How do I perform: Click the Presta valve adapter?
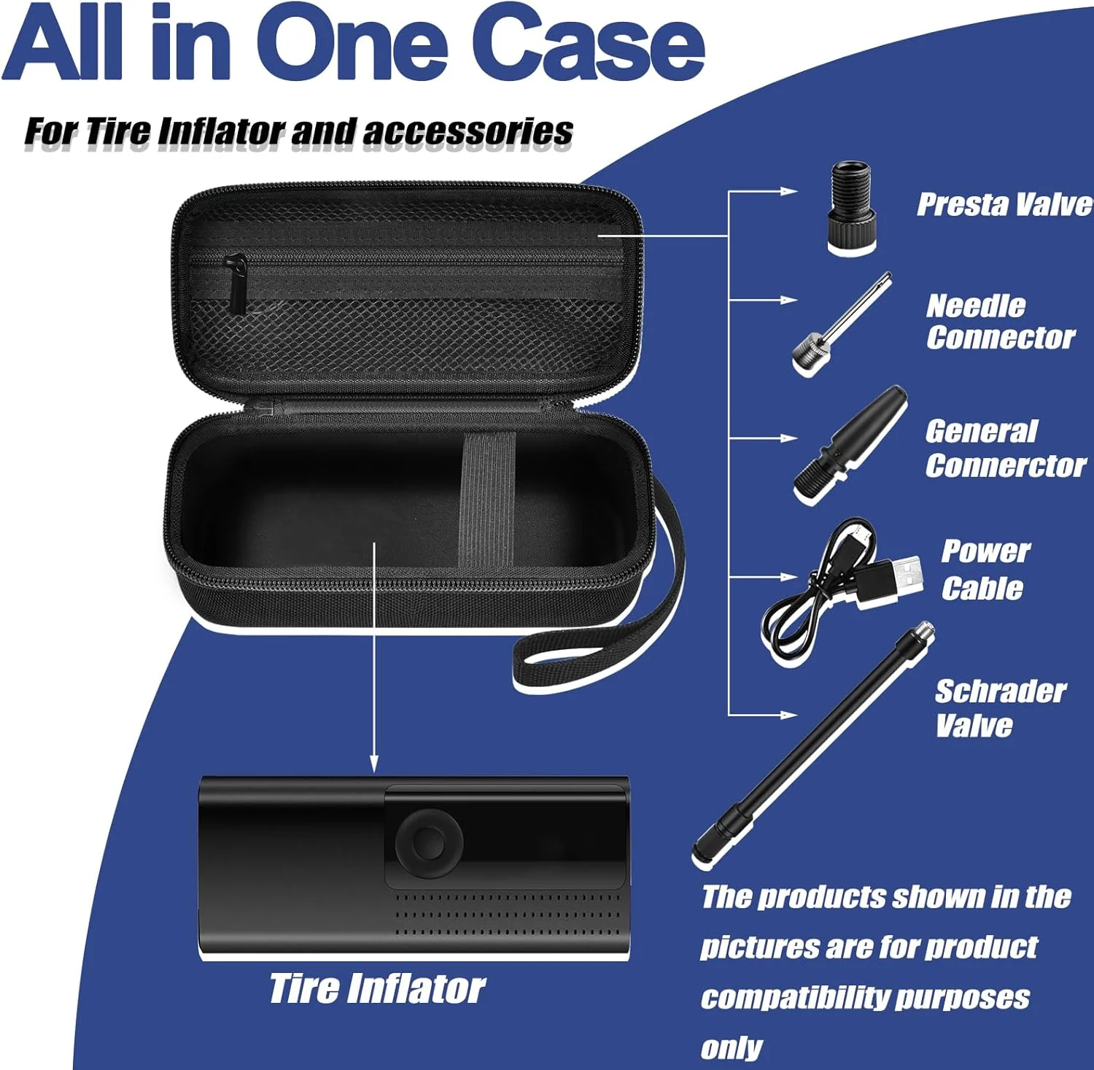tap(851, 209)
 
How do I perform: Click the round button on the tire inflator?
tap(429, 842)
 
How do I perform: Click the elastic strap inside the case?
tap(487, 500)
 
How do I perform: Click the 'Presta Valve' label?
tap(1005, 204)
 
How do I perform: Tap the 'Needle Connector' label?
tap(1000, 322)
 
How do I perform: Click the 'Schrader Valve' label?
tap(1000, 707)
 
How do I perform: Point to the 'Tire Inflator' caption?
tap(377, 989)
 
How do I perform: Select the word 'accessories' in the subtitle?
tap(468, 131)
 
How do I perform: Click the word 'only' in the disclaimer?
tap(731, 1048)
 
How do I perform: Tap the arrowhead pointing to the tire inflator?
tap(374, 764)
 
